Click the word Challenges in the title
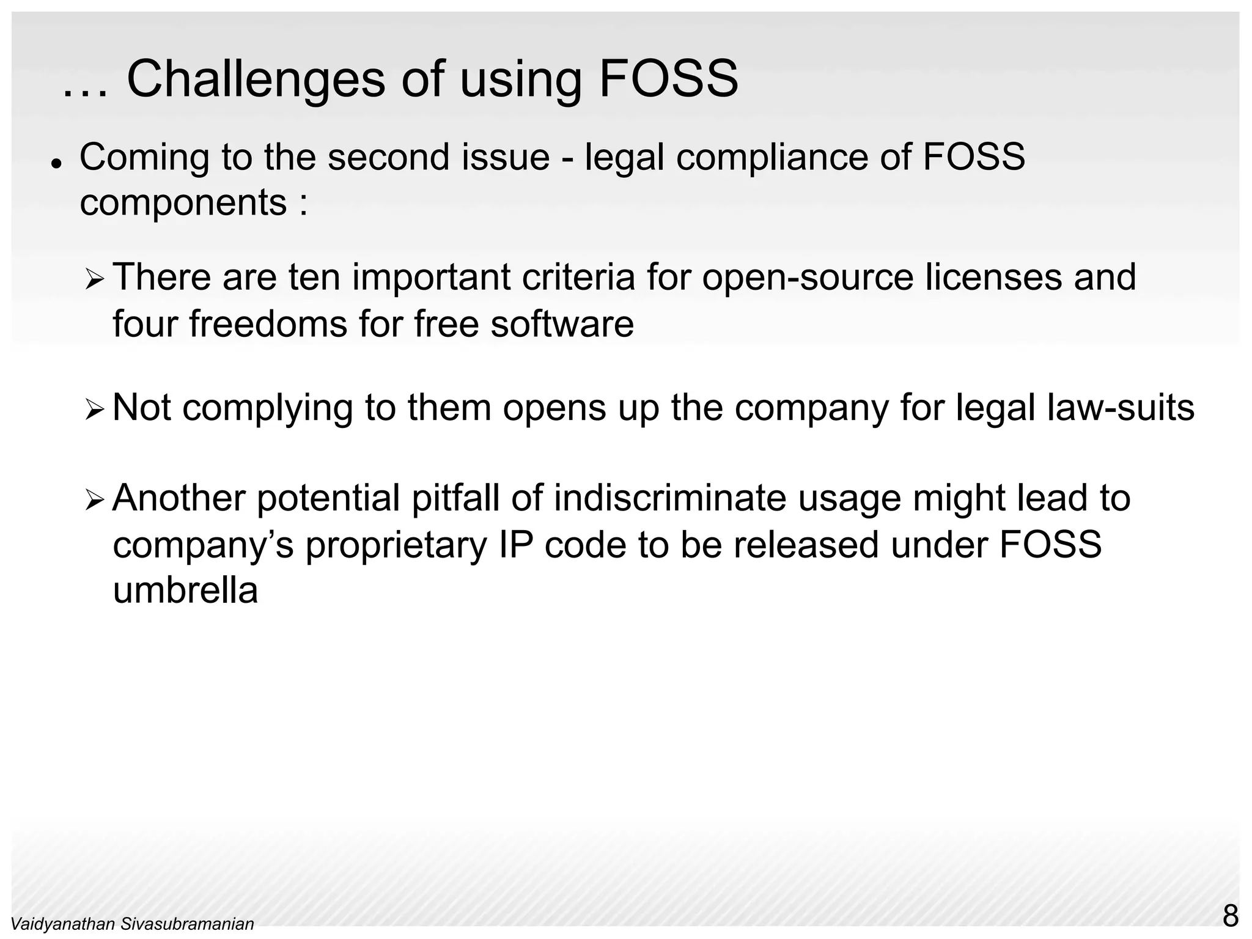coord(256,79)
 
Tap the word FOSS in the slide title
coord(668,79)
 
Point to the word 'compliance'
coord(772,158)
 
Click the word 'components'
coord(183,203)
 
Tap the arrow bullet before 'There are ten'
coord(95,281)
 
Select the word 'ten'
coord(314,277)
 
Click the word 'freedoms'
coord(268,323)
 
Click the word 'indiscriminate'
coord(670,498)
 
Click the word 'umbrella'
coord(185,591)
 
